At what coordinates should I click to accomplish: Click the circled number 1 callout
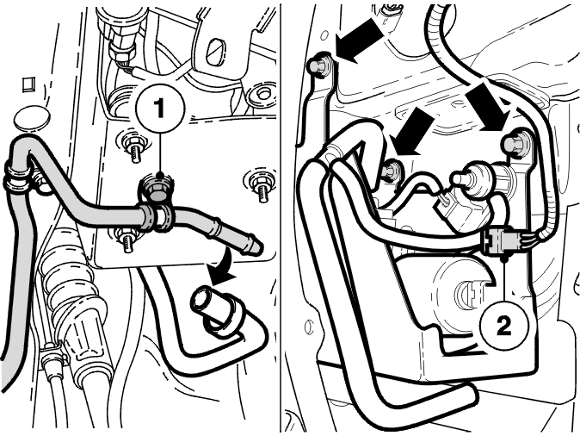[x=160, y=109]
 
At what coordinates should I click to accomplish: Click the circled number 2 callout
[x=503, y=326]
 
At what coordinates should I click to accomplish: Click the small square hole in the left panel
[x=28, y=84]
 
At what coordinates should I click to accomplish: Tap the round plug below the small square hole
[x=32, y=118]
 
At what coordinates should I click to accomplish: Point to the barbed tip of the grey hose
[x=251, y=245]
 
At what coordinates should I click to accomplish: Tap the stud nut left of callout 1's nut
[x=132, y=146]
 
